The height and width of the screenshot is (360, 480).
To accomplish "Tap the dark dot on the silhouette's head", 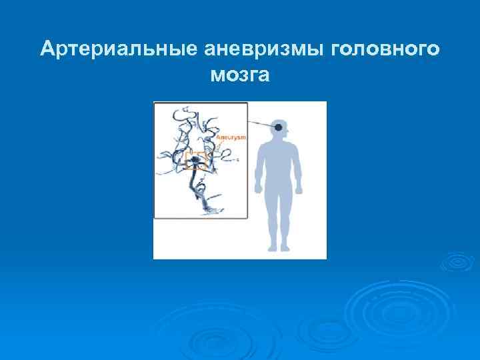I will click(278, 127).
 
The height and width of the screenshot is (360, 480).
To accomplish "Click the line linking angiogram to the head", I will click(261, 124).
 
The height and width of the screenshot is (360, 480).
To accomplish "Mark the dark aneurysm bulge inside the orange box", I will click(195, 160).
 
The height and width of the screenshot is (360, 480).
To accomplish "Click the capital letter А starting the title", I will click(45, 49).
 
